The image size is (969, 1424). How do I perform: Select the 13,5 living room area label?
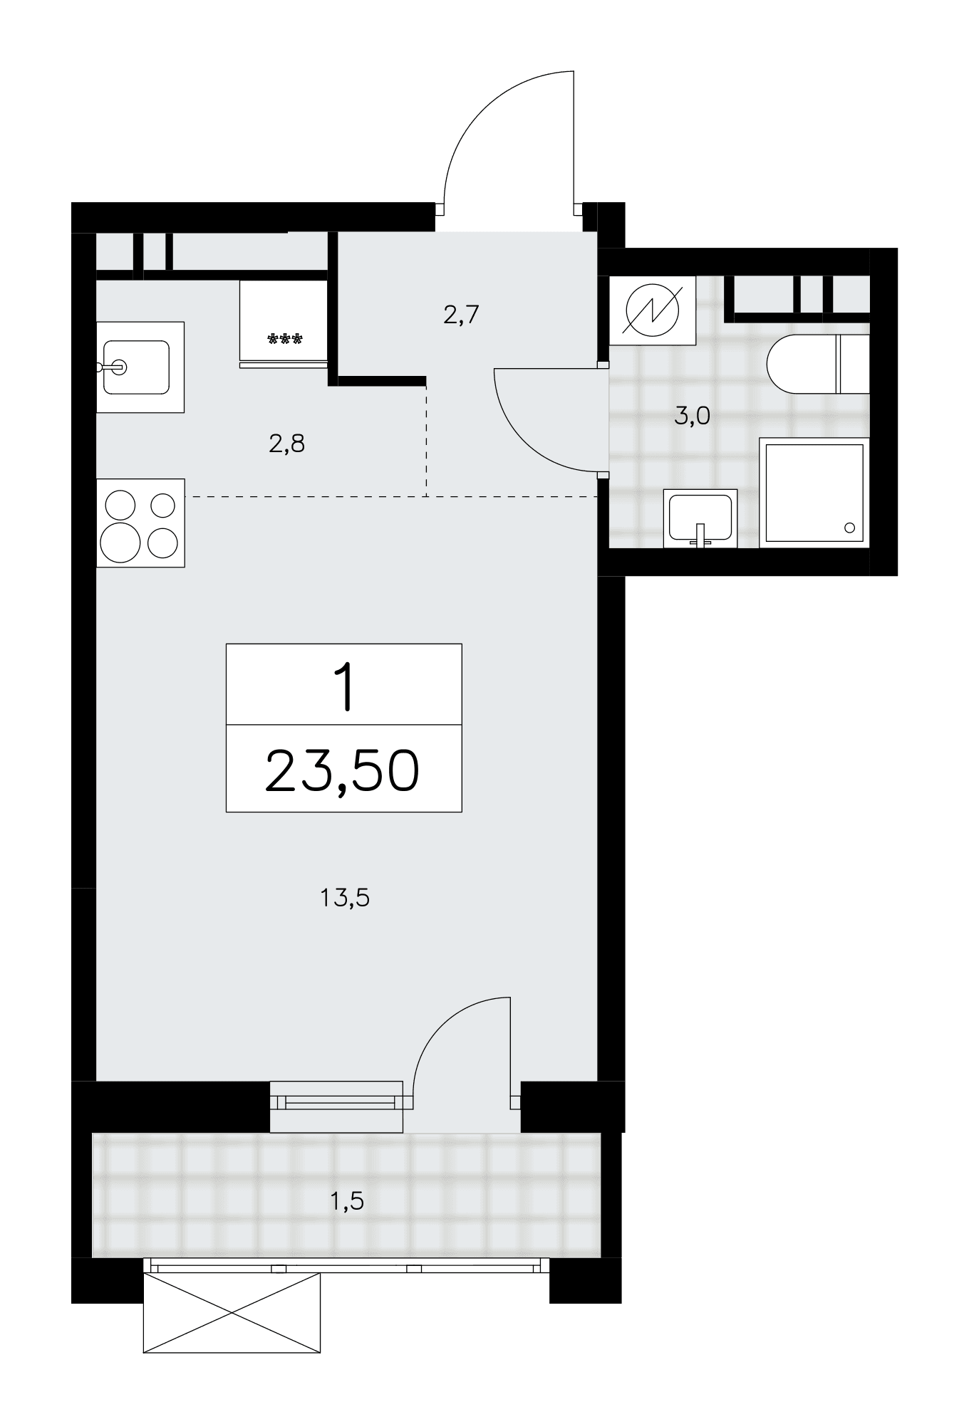coord(345,899)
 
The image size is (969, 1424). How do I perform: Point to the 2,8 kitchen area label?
coord(286,444)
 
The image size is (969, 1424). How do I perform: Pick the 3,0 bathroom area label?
coord(692,416)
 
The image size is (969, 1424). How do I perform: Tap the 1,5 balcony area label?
coord(346,1202)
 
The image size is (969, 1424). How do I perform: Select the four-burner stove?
coord(140,523)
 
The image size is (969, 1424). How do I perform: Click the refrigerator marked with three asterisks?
coord(284,324)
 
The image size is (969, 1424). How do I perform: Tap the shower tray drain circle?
coord(849,528)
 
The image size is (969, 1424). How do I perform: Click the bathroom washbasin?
coord(700,518)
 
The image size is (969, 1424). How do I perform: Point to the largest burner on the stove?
coord(120,543)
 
